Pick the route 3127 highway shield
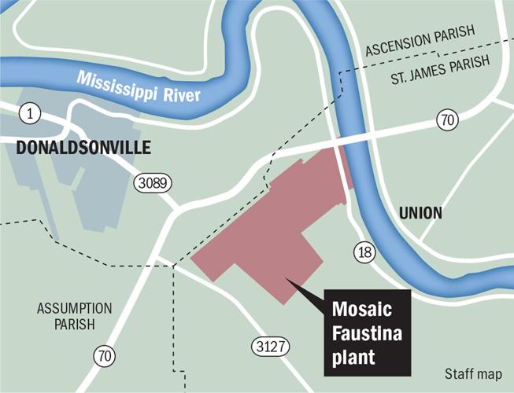[270, 345]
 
